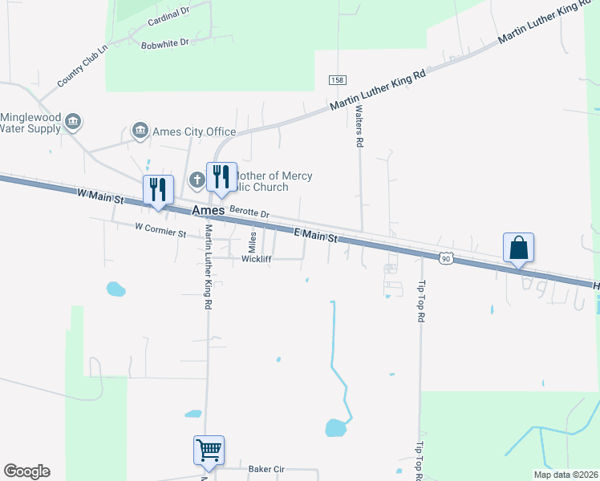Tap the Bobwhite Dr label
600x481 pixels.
[x=164, y=42]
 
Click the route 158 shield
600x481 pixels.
[x=337, y=80]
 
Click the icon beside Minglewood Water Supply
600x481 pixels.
[x=74, y=122]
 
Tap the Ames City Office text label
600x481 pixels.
[x=194, y=132]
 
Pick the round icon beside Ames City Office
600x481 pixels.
[x=140, y=130]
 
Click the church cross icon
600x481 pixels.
[x=197, y=180]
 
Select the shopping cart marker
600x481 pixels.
[x=209, y=451]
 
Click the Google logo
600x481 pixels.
[x=26, y=471]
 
